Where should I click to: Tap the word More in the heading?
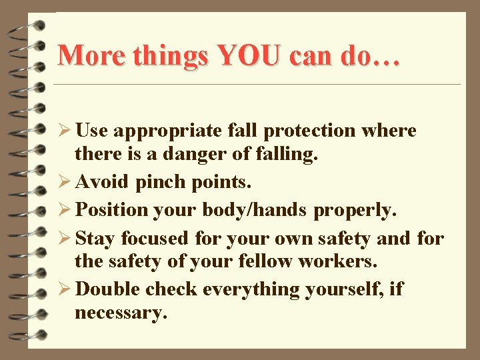point(91,55)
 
